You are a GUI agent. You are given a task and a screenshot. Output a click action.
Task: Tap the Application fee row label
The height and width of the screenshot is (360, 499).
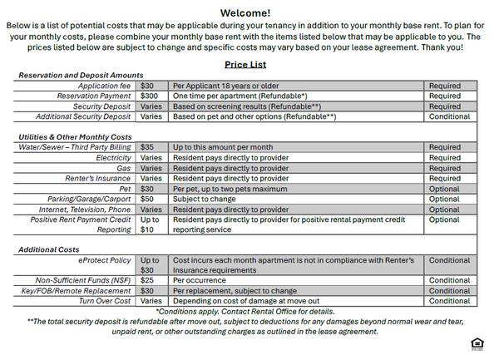coord(104,86)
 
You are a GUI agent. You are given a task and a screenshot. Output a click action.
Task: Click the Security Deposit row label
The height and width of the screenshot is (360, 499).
coord(102,106)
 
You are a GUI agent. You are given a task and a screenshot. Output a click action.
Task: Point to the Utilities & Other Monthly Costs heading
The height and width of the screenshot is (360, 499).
coord(75,136)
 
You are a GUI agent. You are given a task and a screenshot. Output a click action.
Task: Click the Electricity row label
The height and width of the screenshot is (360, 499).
coord(113,157)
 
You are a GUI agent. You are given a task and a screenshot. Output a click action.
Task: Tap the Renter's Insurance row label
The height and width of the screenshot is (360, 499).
coord(98,178)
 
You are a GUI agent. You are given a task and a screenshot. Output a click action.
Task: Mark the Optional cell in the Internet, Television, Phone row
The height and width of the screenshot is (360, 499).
coord(444,210)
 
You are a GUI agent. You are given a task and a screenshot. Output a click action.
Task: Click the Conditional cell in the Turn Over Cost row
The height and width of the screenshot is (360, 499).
coord(449,301)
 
